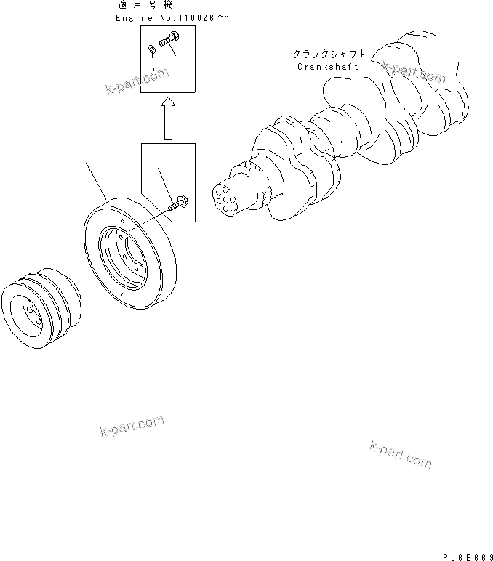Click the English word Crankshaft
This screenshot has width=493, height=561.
tap(327, 68)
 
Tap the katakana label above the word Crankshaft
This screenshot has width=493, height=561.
tap(327, 54)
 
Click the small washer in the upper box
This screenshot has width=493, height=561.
tap(151, 49)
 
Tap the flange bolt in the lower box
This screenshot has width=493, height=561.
tap(178, 204)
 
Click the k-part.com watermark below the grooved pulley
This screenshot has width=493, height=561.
tap(132, 427)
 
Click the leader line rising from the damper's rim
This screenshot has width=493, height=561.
tap(97, 182)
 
